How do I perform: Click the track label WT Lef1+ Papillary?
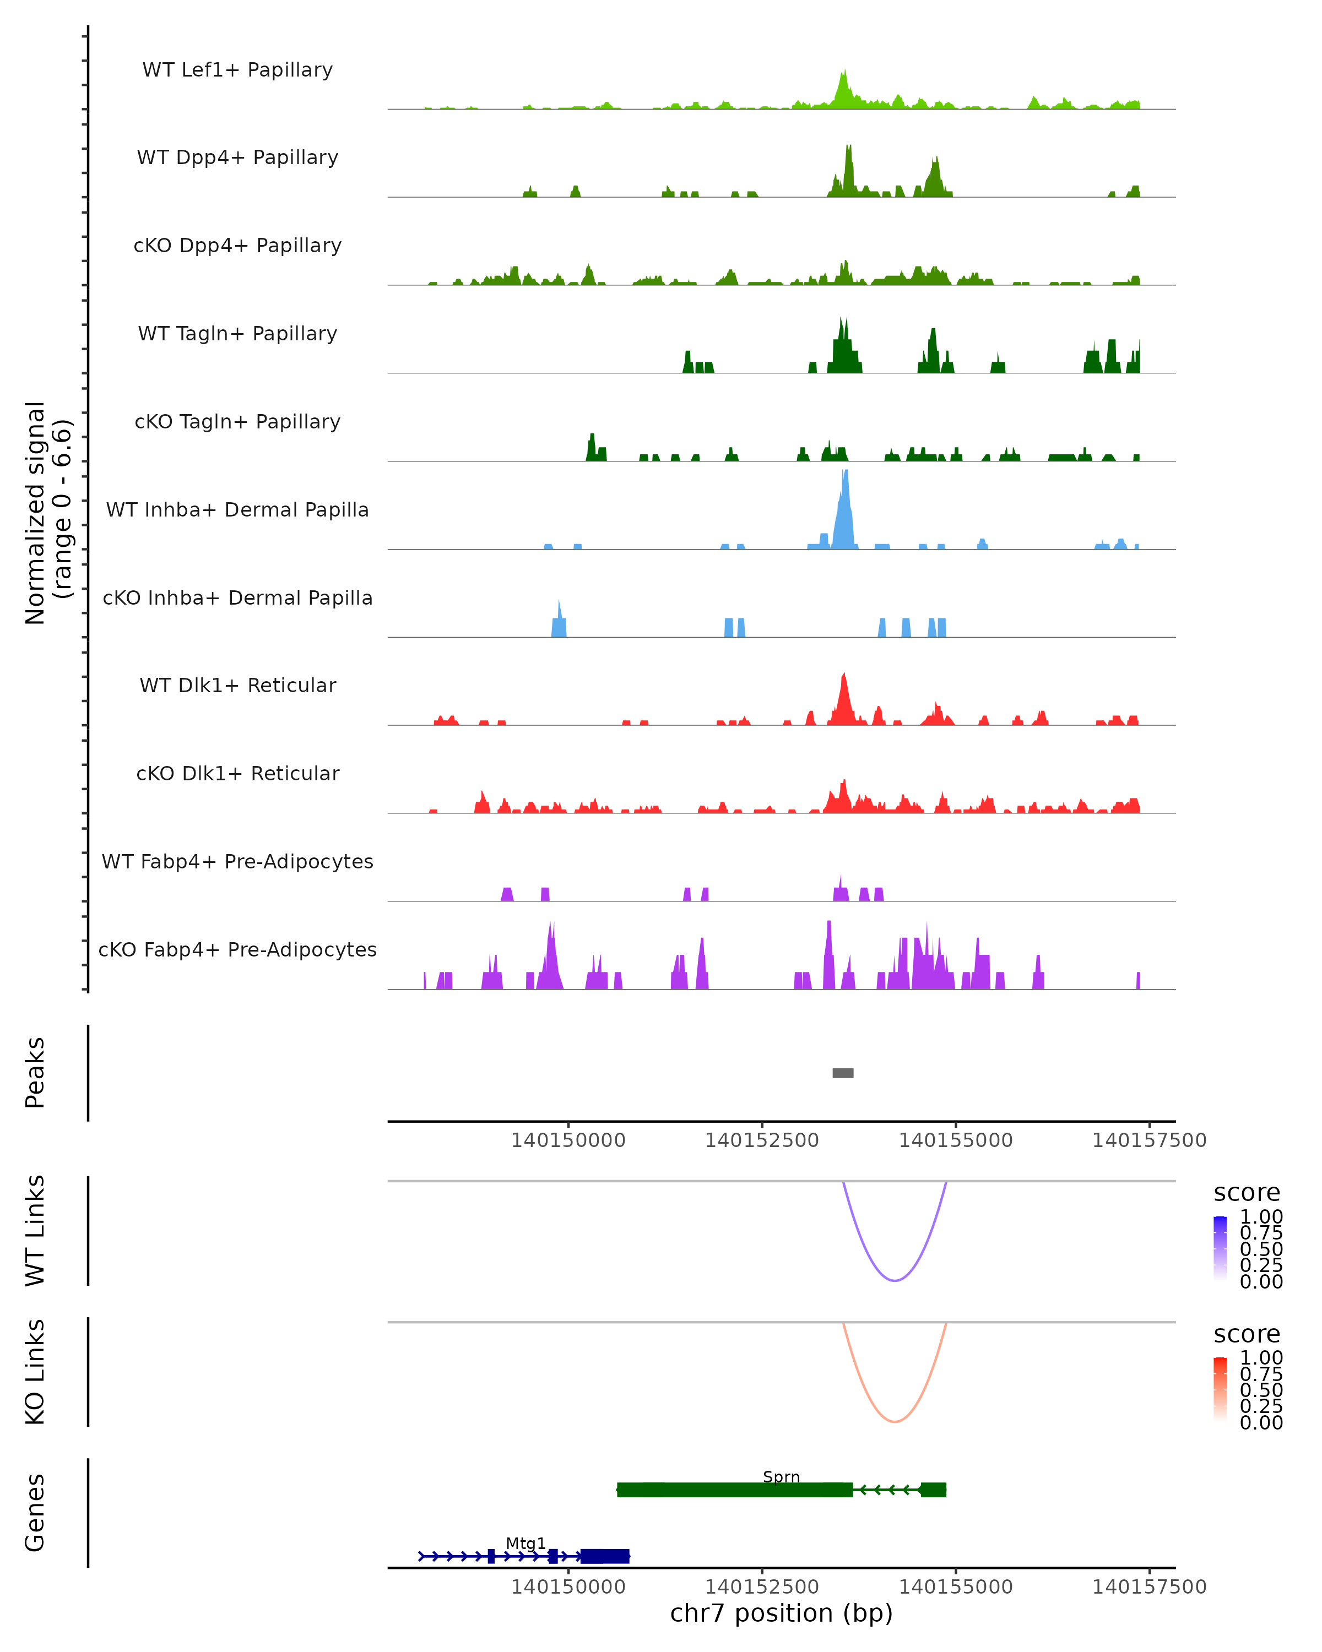pos(237,70)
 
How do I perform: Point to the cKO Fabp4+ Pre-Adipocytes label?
pos(237,949)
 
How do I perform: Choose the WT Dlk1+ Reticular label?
pos(237,685)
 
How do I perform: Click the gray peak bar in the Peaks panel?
pos(843,1073)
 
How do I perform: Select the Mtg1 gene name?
pos(525,1543)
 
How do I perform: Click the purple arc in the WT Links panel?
pos(895,1280)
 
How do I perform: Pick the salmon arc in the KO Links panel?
pos(895,1421)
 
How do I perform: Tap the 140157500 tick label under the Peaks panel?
pos(1149,1140)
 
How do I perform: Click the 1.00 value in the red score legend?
pos(1261,1357)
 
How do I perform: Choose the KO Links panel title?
pos(35,1372)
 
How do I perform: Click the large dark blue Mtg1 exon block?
pos(605,1556)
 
